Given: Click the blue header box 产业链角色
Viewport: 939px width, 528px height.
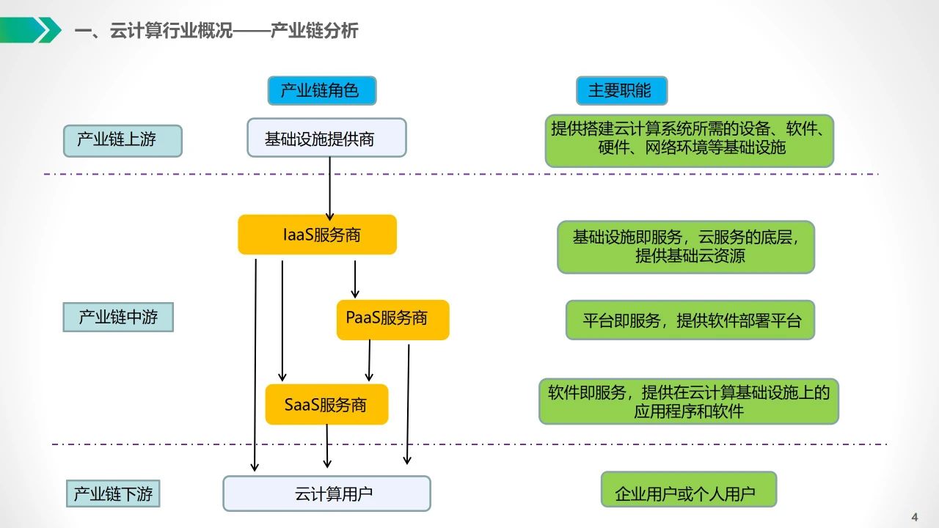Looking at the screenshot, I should pyautogui.click(x=321, y=91).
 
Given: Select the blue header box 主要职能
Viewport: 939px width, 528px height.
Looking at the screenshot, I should pyautogui.click(x=621, y=91).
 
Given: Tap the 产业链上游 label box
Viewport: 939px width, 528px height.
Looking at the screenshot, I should pyautogui.click(x=122, y=140).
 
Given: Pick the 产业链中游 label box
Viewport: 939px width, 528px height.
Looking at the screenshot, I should pyautogui.click(x=118, y=318).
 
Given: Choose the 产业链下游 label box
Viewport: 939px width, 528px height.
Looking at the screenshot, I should pyautogui.click(x=114, y=494).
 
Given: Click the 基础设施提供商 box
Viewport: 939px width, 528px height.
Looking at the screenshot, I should pyautogui.click(x=326, y=138).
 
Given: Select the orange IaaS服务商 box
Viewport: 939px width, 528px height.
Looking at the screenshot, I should pyautogui.click(x=317, y=235).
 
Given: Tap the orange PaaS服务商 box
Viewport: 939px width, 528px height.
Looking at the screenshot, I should pyautogui.click(x=392, y=320).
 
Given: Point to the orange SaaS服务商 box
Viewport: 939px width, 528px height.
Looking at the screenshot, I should pyautogui.click(x=326, y=404).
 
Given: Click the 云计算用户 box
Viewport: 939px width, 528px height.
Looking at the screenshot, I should pyautogui.click(x=326, y=494).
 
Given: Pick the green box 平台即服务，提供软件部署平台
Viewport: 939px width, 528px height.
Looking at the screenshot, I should pyautogui.click(x=690, y=320).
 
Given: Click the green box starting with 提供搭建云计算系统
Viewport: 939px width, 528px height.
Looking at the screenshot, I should pyautogui.click(x=689, y=140).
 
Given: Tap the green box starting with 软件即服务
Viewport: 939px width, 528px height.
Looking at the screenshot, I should pyautogui.click(x=688, y=401).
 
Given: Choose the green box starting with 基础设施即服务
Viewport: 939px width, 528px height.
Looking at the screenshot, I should pyautogui.click(x=686, y=247).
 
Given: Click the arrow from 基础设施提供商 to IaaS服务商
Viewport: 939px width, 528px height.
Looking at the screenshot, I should pyautogui.click(x=330, y=187).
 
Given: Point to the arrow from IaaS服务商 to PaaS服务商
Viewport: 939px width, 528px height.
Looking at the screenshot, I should pyautogui.click(x=355, y=279).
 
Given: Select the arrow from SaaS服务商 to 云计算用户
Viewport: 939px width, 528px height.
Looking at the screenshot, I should pyautogui.click(x=327, y=446).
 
